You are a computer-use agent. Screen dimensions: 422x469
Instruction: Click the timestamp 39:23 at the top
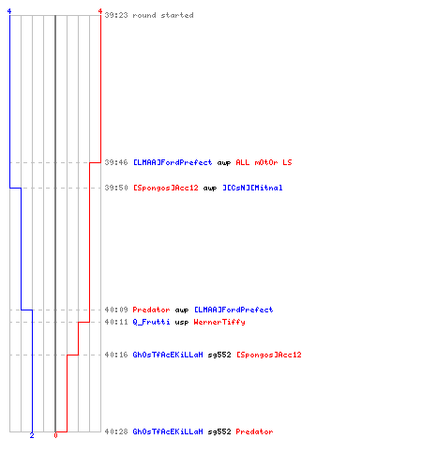(116, 15)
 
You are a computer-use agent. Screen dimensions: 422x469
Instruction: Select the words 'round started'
(163, 15)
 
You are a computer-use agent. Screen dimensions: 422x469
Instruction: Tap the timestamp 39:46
(116, 162)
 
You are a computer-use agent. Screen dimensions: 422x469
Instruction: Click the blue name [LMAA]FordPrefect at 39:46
(173, 162)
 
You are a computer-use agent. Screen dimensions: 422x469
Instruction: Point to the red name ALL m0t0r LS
(264, 162)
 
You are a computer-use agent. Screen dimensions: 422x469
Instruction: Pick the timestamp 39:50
(116, 188)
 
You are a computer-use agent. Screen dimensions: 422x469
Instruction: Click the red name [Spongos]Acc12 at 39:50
(166, 188)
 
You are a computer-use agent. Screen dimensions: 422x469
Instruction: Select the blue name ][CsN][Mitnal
(252, 188)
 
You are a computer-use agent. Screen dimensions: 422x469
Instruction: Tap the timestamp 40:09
(116, 310)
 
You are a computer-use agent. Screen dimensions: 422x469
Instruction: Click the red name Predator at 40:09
(151, 310)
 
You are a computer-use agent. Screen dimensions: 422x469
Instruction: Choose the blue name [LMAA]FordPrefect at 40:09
(234, 310)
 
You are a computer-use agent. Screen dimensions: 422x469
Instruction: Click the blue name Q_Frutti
(151, 322)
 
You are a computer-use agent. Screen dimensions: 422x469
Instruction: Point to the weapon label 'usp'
(182, 323)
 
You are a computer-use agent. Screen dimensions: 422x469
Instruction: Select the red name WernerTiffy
(219, 322)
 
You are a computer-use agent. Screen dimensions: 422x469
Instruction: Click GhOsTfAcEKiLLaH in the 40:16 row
(168, 355)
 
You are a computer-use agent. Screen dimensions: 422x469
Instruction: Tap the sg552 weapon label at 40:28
(219, 431)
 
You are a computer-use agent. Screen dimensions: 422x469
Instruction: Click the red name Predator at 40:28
(254, 431)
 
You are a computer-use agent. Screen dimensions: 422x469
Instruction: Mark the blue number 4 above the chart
(9, 11)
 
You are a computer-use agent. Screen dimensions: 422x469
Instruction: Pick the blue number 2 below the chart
(32, 435)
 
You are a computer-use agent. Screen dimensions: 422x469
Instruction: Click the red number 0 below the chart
(55, 435)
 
